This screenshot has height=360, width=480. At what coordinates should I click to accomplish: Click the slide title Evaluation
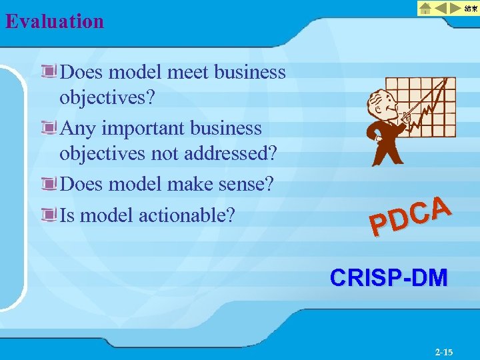(55, 21)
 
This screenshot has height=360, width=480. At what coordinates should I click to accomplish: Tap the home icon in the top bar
(426, 8)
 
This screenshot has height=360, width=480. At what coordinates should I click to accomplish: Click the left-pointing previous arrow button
(441, 8)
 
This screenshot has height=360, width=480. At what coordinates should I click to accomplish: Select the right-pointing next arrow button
(455, 8)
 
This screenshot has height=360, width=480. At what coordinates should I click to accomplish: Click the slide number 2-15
(443, 351)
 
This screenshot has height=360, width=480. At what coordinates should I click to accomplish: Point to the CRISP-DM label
(389, 277)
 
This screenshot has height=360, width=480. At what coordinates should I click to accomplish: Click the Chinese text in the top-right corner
(471, 8)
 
